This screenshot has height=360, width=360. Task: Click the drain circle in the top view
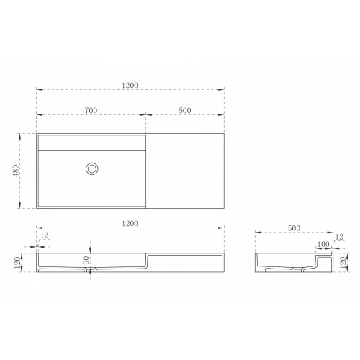(92, 169)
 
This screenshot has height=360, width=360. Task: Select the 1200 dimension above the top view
(130, 85)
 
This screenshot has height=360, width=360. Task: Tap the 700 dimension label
(91, 110)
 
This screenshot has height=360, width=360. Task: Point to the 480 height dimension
(16, 171)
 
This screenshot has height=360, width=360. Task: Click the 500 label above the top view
(185, 110)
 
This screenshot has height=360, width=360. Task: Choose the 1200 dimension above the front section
(130, 224)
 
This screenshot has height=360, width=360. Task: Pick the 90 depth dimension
(86, 261)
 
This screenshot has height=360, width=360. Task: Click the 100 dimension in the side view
(323, 244)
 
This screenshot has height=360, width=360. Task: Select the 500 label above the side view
(294, 228)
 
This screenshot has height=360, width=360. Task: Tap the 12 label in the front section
(45, 235)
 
